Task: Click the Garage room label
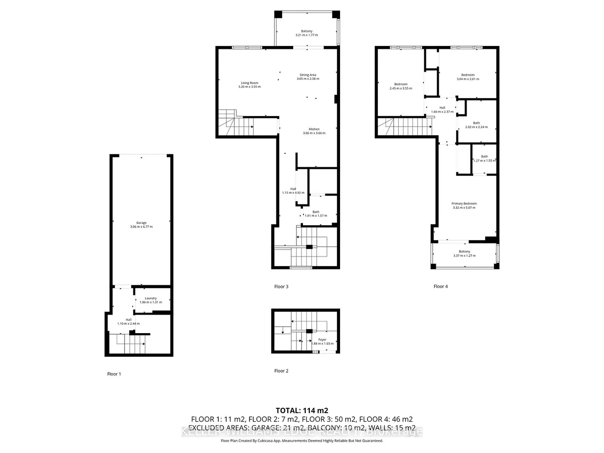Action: (141, 223)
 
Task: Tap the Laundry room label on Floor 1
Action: (151, 298)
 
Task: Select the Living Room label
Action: (249, 83)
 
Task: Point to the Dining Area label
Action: (308, 75)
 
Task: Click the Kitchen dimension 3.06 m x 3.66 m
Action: (314, 133)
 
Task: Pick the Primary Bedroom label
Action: (464, 204)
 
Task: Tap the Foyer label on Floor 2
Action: (322, 340)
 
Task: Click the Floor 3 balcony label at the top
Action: (307, 31)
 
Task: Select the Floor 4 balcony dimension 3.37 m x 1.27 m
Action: (464, 256)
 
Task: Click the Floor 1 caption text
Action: (114, 374)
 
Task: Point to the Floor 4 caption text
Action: (440, 287)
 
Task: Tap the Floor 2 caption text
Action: (281, 371)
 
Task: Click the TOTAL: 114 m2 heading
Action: (302, 410)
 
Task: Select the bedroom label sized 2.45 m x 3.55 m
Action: (400, 85)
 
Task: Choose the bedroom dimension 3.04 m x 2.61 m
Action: (468, 79)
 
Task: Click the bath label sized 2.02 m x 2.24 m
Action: (476, 123)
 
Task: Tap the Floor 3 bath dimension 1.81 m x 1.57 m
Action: (315, 216)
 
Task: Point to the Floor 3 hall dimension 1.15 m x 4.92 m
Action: (293, 193)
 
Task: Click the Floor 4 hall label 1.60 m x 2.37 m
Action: (442, 108)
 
